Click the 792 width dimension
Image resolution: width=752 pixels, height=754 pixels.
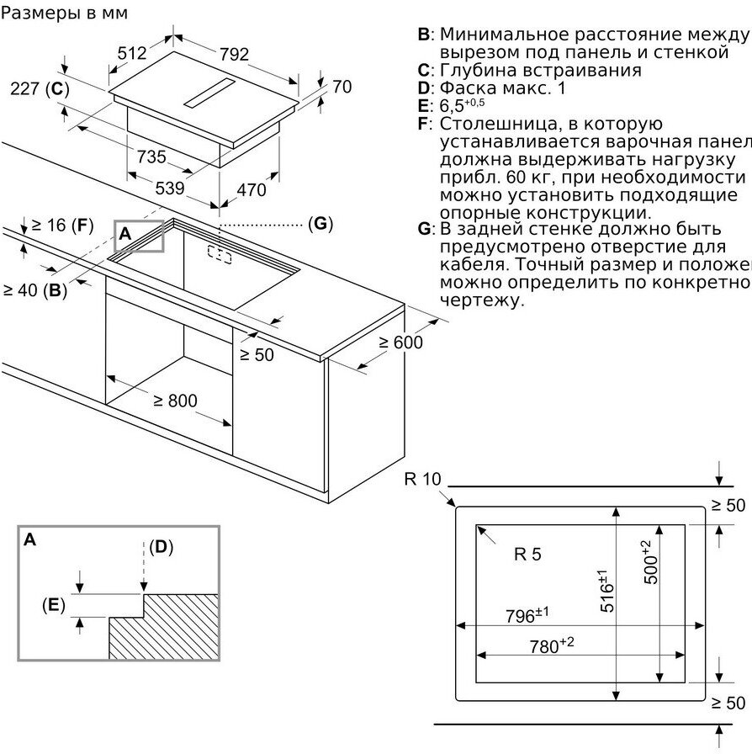tap(234, 55)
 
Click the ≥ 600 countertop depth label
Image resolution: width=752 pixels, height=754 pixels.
tap(400, 342)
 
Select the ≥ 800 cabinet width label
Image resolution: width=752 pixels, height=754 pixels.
tap(175, 401)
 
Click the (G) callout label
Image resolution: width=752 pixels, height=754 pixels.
tap(320, 224)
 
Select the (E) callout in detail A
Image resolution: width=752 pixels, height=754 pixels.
tap(53, 604)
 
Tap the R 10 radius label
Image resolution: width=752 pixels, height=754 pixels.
tap(421, 480)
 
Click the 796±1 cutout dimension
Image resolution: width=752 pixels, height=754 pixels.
tap(527, 615)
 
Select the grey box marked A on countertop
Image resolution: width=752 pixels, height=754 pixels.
tap(139, 236)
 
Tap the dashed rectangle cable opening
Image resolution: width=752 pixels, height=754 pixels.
tap(220, 254)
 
